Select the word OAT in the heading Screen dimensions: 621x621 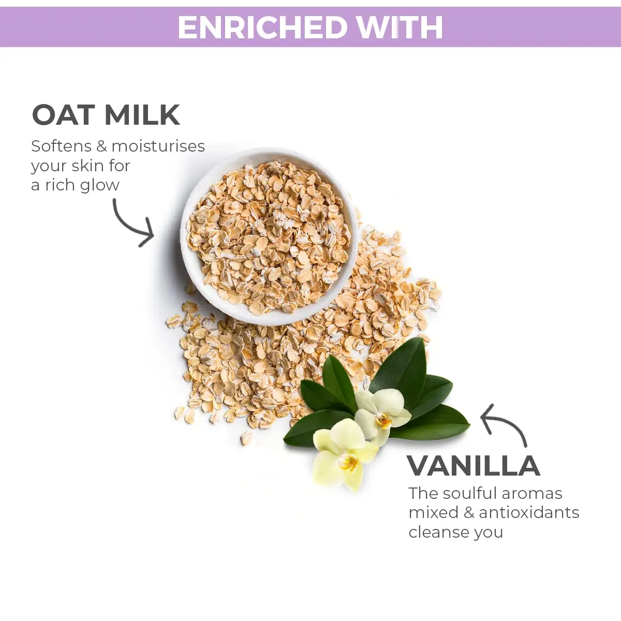click(64, 115)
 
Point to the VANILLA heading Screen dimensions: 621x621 click(474, 466)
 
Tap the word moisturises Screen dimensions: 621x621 click(158, 146)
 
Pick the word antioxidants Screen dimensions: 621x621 click(529, 513)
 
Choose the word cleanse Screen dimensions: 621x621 click(435, 533)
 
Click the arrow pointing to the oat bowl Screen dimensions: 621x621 click(134, 224)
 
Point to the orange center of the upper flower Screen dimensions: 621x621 click(383, 420)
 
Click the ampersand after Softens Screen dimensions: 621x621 click(101, 146)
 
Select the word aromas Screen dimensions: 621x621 click(532, 494)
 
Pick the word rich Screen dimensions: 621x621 click(60, 185)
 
